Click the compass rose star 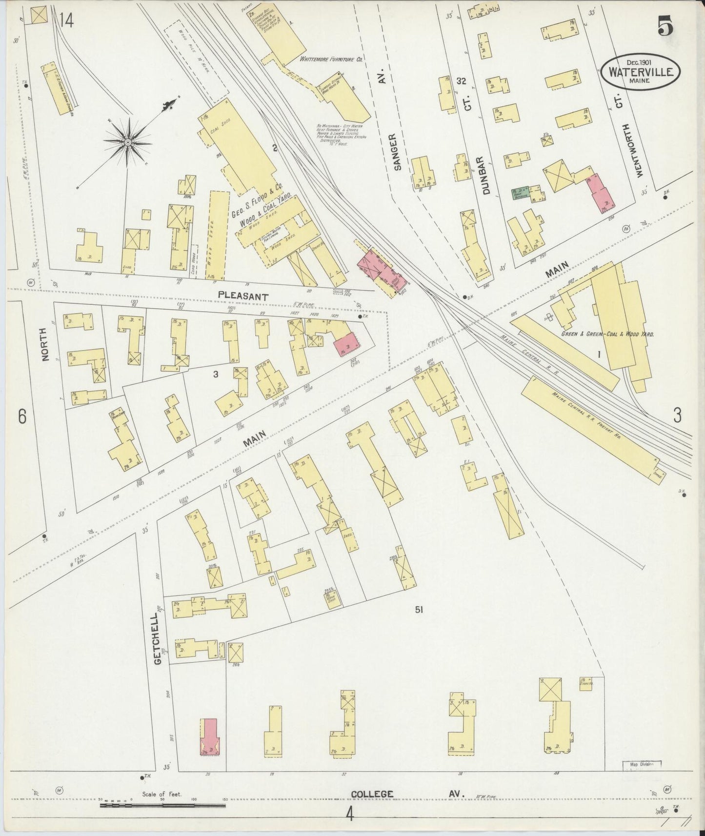tap(127, 142)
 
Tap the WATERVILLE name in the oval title tap(641, 72)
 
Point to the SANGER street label tap(397, 152)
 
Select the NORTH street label tap(45, 344)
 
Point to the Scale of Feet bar tap(162, 805)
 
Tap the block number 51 tap(419, 609)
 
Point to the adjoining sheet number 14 tap(66, 20)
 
